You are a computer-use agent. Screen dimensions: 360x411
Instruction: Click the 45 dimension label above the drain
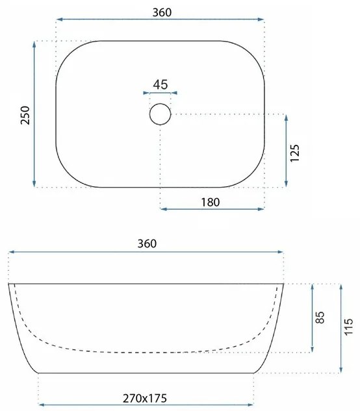click(161, 84)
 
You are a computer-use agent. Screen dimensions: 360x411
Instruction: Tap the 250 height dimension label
click(25, 115)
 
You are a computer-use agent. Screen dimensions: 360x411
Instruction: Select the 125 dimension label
click(294, 153)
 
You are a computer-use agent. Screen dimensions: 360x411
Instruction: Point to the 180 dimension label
click(210, 203)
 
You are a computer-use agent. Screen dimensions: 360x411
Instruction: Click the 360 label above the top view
click(162, 12)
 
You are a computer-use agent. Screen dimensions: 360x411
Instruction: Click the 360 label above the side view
click(147, 243)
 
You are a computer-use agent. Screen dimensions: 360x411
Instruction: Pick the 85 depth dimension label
click(320, 318)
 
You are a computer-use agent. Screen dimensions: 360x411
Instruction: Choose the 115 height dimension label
click(348, 327)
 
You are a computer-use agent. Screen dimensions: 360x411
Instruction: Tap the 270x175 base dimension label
click(145, 399)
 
